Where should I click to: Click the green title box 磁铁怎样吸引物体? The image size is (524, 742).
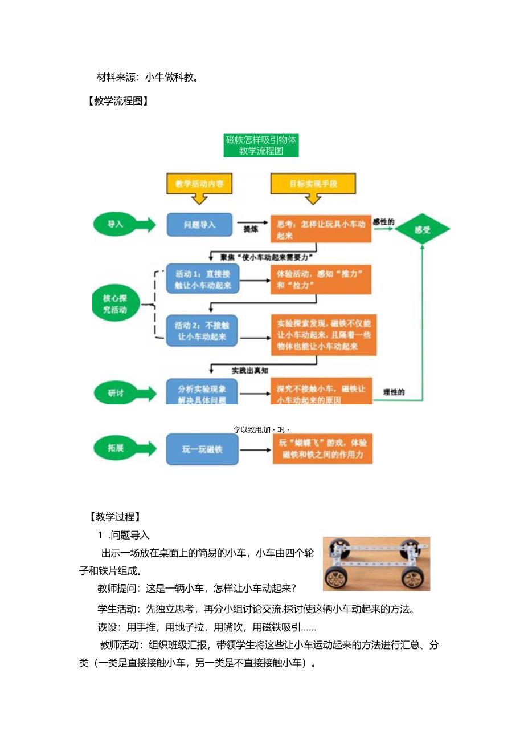tap(261, 145)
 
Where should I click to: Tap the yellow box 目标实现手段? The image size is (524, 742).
tap(313, 184)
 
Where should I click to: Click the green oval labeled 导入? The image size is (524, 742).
tap(116, 224)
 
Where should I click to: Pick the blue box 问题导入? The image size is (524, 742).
tap(199, 225)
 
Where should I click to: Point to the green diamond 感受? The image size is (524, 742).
tap(422, 230)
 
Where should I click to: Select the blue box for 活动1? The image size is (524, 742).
tap(203, 279)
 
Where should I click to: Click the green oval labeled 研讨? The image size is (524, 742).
tap(116, 393)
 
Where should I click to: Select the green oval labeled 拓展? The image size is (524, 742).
tap(116, 448)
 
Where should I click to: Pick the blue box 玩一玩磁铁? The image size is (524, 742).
tap(202, 449)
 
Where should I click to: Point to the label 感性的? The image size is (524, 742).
tap(383, 221)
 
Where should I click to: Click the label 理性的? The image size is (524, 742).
tap(394, 392)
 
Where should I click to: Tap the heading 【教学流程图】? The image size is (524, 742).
tap(118, 102)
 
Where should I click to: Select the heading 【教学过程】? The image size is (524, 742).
tap(114, 517)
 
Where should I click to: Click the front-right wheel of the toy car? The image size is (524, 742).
tap(415, 578)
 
